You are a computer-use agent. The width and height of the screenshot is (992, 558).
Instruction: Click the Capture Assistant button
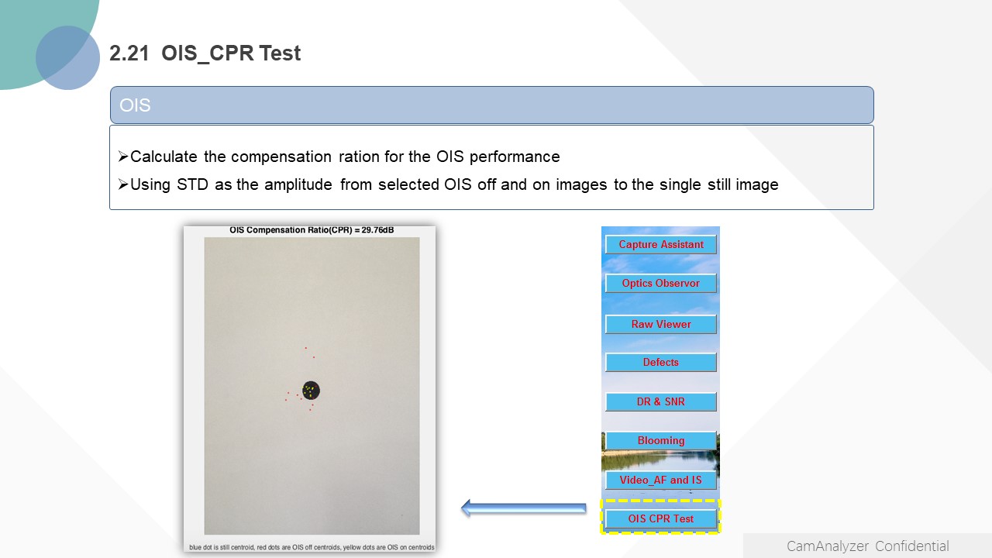click(x=661, y=244)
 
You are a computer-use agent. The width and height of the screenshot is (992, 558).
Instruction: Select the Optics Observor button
click(x=661, y=284)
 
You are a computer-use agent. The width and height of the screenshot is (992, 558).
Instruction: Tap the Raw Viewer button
click(x=661, y=324)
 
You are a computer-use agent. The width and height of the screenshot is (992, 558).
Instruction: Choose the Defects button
click(x=661, y=362)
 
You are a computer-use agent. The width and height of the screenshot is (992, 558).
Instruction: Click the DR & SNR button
click(x=661, y=401)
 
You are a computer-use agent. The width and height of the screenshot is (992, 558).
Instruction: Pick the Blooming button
click(x=661, y=441)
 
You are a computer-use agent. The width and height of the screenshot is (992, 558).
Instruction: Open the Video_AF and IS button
click(x=661, y=480)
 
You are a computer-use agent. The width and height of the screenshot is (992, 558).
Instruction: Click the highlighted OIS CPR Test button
click(x=661, y=518)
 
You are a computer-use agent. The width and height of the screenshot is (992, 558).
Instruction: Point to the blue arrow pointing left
click(x=523, y=508)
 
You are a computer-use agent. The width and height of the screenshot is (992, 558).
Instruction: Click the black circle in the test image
click(x=311, y=390)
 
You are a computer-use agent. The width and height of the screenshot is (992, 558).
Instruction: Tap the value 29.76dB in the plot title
click(x=377, y=230)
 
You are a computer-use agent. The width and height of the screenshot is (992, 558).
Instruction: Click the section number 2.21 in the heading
click(x=129, y=53)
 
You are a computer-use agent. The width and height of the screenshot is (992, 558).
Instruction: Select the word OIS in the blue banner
click(x=135, y=105)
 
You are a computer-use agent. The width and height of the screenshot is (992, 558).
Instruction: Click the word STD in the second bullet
click(x=192, y=184)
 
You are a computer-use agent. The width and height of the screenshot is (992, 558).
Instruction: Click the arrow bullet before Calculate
click(x=123, y=157)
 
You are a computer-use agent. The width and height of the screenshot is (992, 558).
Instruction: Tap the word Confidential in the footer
click(x=912, y=546)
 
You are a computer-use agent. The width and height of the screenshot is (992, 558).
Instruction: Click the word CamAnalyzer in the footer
click(x=827, y=546)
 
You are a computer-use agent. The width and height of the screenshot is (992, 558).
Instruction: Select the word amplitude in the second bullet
click(x=298, y=184)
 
